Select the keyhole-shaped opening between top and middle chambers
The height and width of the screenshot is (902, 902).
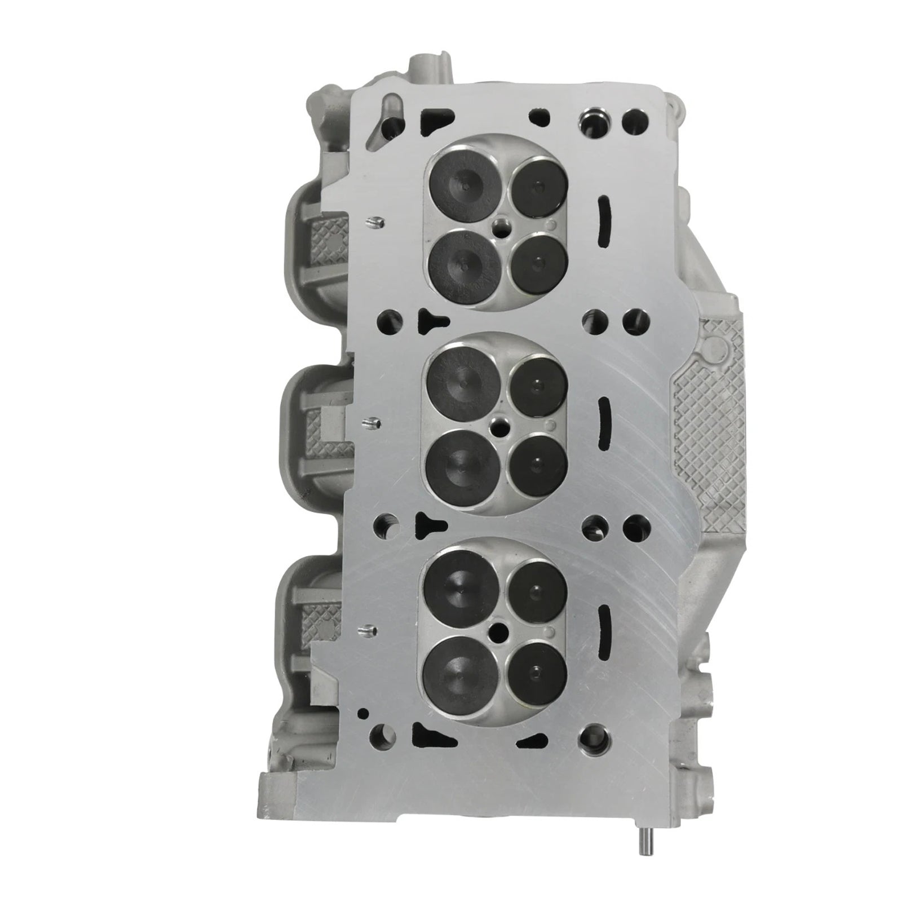[432, 322]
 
